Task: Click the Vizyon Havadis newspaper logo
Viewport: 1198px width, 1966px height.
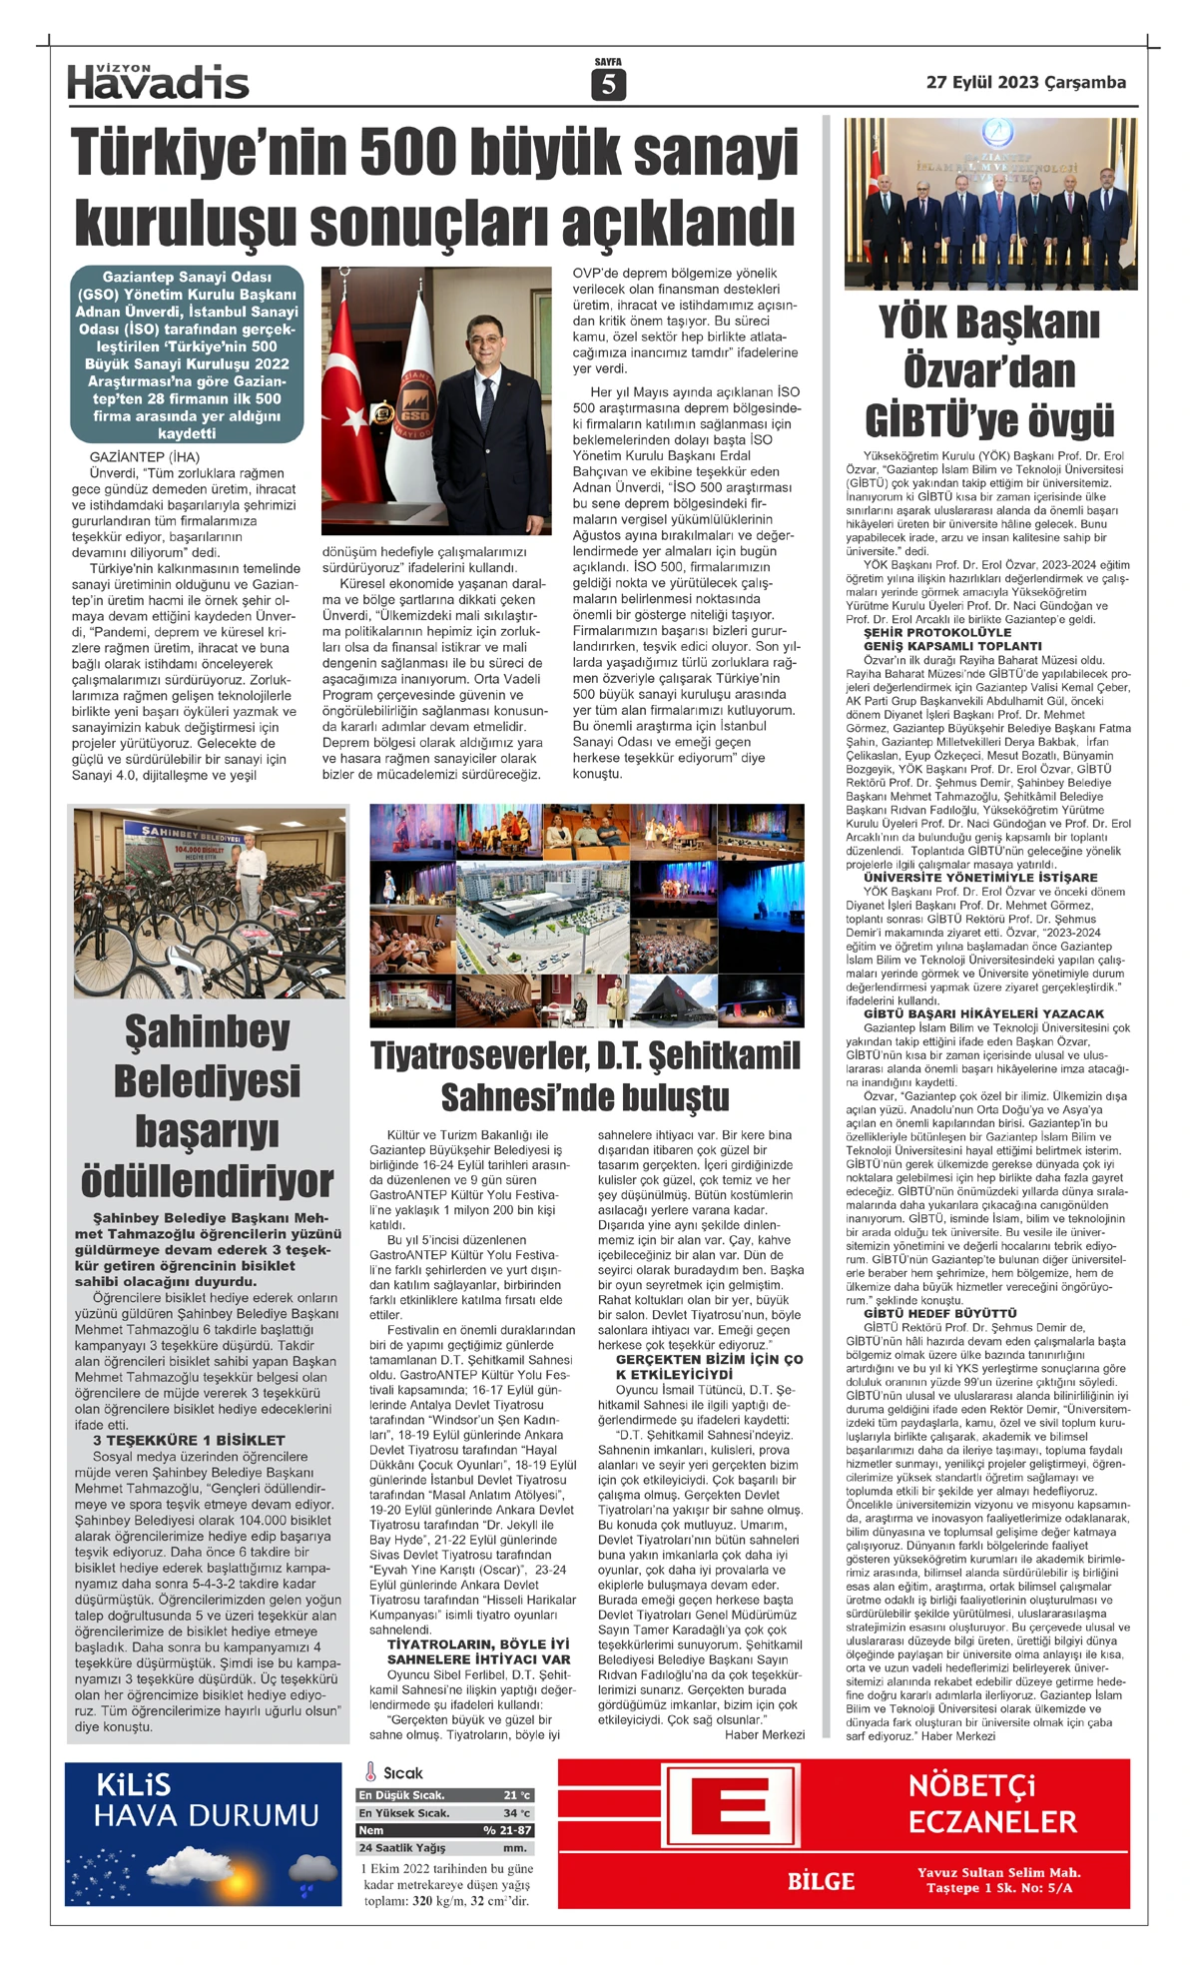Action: (x=158, y=81)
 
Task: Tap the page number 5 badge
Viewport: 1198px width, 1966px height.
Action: (x=607, y=86)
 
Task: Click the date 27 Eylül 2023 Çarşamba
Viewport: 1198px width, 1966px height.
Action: (x=1025, y=83)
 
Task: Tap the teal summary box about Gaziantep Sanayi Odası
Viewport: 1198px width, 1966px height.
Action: (x=187, y=354)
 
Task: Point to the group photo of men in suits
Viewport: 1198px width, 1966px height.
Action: (x=987, y=204)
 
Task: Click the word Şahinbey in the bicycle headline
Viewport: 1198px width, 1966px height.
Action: (x=208, y=1030)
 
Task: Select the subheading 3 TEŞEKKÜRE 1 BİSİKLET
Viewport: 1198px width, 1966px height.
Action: (x=189, y=1440)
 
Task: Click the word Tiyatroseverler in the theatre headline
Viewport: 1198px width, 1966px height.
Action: (x=478, y=1055)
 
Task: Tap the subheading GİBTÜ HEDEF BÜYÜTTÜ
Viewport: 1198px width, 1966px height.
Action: (x=925, y=1314)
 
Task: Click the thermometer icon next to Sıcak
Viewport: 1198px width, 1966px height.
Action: (x=369, y=1772)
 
